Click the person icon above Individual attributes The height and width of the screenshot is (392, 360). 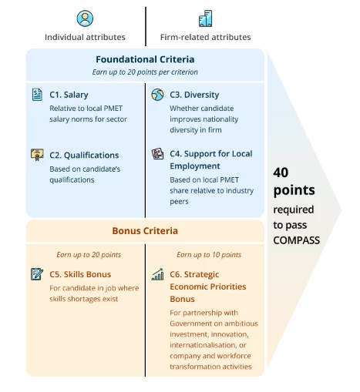pos(85,18)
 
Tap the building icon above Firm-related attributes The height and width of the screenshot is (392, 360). pos(205,18)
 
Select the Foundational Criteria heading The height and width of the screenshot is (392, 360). pos(145,59)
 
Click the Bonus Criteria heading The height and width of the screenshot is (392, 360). pos(145,231)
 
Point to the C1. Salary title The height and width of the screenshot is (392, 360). pos(69,95)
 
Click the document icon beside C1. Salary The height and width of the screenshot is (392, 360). pos(37,95)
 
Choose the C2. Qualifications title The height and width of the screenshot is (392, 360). pos(84,156)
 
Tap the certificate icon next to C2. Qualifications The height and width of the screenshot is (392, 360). pos(37,155)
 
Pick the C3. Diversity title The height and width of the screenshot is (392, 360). pos(194,95)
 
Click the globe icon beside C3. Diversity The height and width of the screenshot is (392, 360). pos(157,95)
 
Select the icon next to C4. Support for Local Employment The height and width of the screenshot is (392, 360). pos(157,153)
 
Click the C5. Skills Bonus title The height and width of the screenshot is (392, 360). pos(80,274)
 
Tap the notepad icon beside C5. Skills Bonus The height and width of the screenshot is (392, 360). pos(37,274)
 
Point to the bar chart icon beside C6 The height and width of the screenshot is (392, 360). pos(157,274)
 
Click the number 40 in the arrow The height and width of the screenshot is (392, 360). pos(281,173)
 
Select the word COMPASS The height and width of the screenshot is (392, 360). pos(297,240)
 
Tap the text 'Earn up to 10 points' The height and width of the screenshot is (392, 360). pos(209,255)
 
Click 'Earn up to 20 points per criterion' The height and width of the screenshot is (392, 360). pos(145,72)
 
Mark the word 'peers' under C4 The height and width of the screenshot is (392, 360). pos(179,202)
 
